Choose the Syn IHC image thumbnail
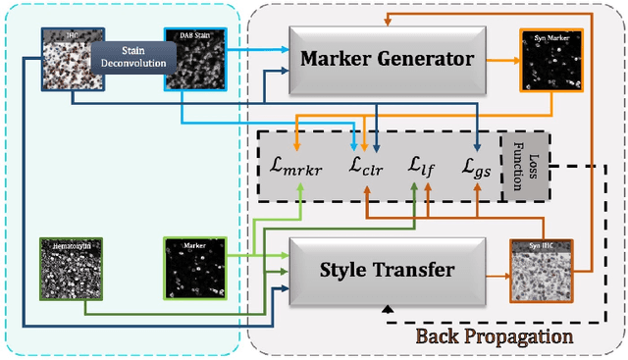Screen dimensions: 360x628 540,270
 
